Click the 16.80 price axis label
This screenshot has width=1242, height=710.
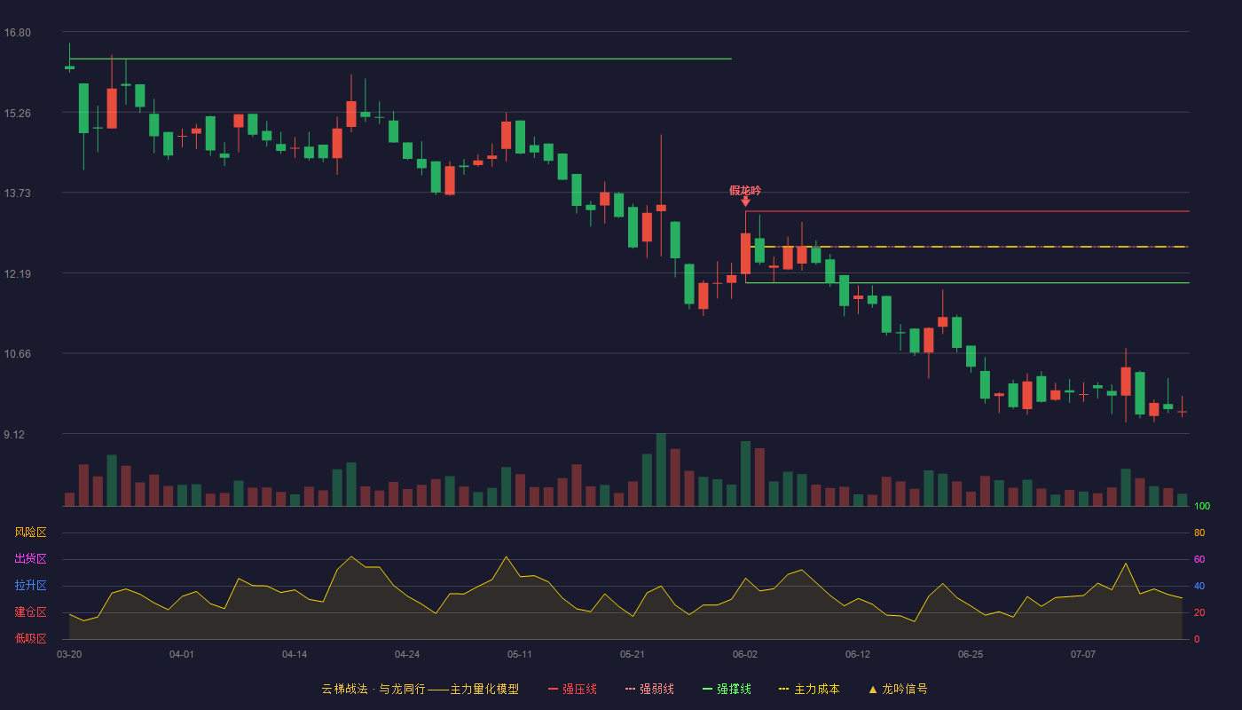17,33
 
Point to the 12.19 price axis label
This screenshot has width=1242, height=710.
17,274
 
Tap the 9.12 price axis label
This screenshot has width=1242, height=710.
14,435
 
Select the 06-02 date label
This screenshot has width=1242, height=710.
744,655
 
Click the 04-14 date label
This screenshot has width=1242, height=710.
295,655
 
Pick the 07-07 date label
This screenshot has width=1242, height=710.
1083,655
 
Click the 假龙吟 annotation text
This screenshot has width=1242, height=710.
745,191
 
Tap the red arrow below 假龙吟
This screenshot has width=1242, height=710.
746,201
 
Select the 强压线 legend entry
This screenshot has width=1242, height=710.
572,689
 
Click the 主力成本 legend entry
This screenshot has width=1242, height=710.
809,689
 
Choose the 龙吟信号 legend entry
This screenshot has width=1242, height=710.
898,689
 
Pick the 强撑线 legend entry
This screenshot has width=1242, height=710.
727,689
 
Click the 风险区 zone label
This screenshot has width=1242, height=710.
30,532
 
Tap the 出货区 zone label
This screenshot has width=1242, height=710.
30,558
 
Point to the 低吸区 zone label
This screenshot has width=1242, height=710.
30,638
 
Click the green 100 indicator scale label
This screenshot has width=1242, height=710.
1202,506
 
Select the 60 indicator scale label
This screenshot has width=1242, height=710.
1199,559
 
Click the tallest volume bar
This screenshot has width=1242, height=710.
661,469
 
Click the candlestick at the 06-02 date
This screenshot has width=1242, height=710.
746,253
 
